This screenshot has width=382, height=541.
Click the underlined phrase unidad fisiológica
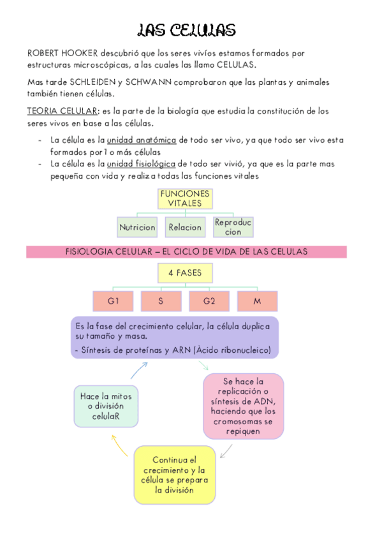coord(142,164)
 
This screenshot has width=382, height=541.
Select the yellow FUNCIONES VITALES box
coord(185,198)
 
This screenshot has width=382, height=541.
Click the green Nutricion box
coord(137,226)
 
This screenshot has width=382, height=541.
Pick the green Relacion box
coord(185,226)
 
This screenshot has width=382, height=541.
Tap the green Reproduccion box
coord(233,226)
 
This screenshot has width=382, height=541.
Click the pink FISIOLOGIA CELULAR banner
coord(186,251)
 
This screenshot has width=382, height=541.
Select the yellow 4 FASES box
coord(185,273)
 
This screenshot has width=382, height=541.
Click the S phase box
coord(161,300)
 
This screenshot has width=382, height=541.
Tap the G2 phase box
coord(209,300)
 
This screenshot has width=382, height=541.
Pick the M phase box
coord(257,300)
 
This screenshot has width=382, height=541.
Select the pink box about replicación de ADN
coord(243,406)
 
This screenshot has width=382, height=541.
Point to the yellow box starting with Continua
coord(175,475)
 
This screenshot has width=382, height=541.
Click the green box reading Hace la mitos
coord(106,406)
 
